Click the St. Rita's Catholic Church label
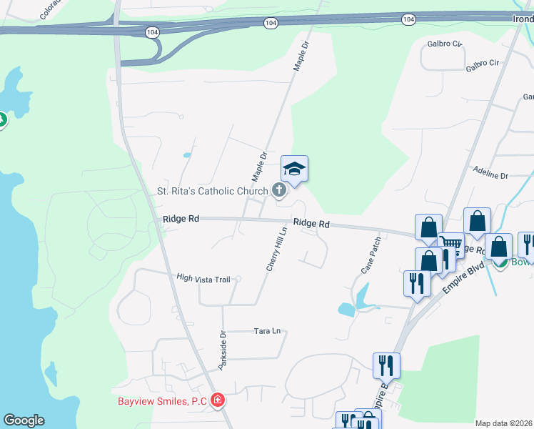212,191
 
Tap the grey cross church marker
279,190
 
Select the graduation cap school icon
294,169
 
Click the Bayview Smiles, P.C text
162,401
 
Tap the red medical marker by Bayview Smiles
218,401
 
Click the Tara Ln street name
268,331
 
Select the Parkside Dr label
222,350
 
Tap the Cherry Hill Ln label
276,250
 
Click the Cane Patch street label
371,255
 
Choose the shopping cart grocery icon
450,244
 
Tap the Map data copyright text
503,423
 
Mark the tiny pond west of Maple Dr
187,154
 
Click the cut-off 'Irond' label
523,19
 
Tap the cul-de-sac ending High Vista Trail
238,279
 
